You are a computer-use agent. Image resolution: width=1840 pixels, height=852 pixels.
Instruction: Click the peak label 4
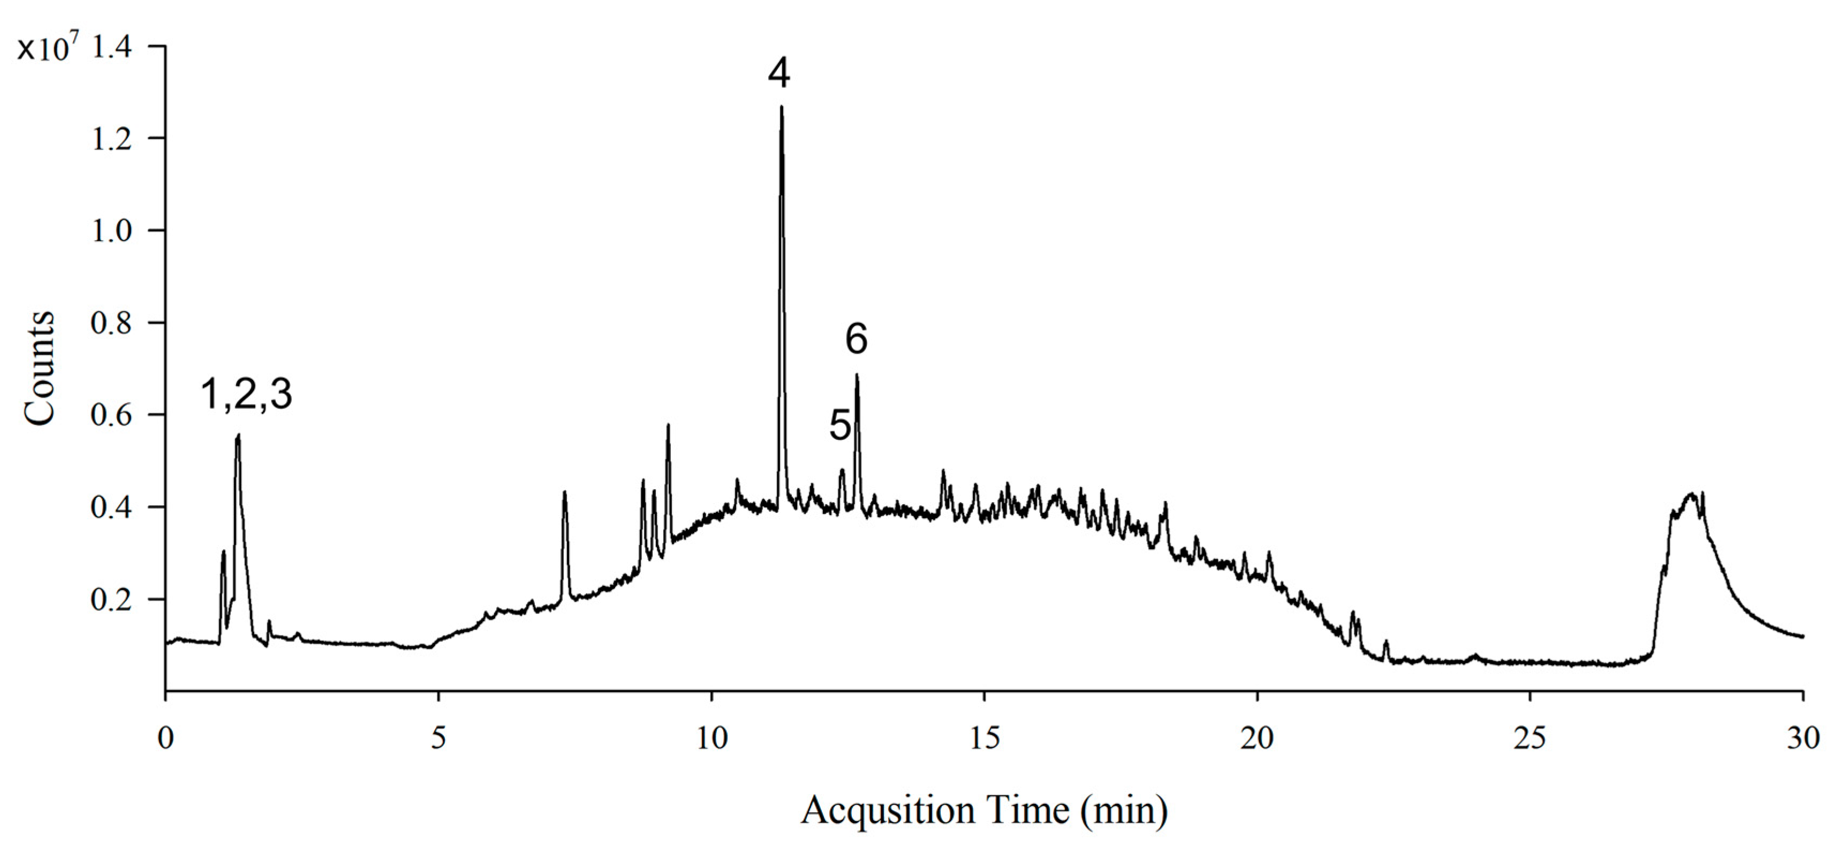(x=779, y=73)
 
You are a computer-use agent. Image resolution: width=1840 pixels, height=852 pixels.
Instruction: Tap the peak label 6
(x=857, y=339)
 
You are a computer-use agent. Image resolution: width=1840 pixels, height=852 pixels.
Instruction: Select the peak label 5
(x=840, y=425)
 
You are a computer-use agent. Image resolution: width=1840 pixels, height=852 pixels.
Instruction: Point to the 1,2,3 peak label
(x=246, y=394)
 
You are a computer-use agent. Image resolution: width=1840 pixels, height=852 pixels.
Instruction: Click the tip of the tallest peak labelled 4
(x=782, y=107)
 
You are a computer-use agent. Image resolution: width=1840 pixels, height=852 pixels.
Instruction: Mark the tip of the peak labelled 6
(x=857, y=375)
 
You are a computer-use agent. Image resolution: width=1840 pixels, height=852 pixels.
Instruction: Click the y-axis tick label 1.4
(x=111, y=47)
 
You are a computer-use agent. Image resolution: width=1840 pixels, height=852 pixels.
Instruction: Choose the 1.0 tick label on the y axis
(x=111, y=231)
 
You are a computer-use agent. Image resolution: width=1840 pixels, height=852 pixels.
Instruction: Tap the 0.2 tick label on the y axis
(x=111, y=600)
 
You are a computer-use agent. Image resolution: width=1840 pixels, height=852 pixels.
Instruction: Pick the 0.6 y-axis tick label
(x=111, y=416)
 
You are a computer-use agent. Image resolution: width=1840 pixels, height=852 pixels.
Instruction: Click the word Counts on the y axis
(x=39, y=369)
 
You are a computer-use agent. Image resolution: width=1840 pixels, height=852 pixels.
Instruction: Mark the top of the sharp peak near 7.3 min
(x=564, y=492)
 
